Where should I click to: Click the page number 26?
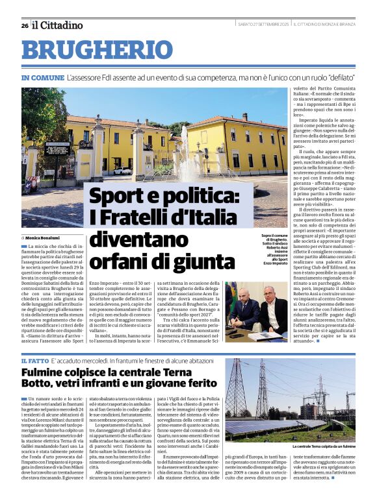tap(24, 25)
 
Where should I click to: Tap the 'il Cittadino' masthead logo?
tap(58, 25)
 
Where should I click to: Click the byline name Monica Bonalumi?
tap(43, 238)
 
